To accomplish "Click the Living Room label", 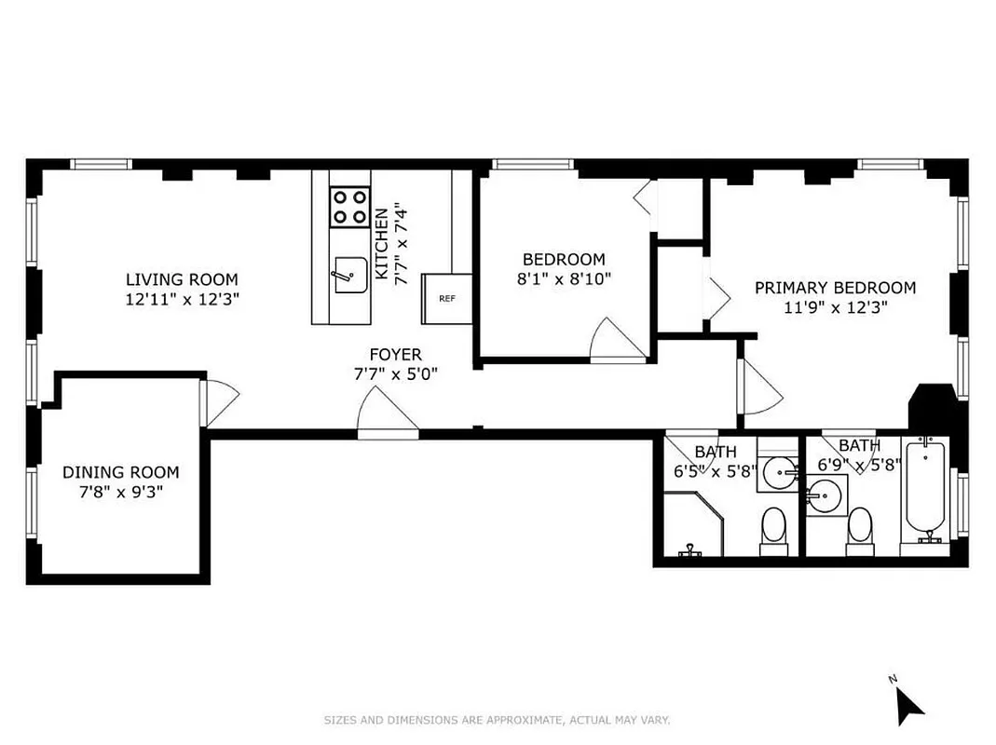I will tap(182, 279).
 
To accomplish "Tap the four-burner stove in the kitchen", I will tap(349, 207).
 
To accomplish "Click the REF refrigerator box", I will tap(447, 299).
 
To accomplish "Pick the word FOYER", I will tap(395, 355).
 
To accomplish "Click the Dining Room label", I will tap(120, 472).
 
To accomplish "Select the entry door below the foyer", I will tap(388, 414).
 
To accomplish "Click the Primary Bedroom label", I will tap(835, 288).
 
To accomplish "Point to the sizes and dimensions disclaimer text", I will tap(497, 720).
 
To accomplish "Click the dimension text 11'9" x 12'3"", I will tap(835, 307).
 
